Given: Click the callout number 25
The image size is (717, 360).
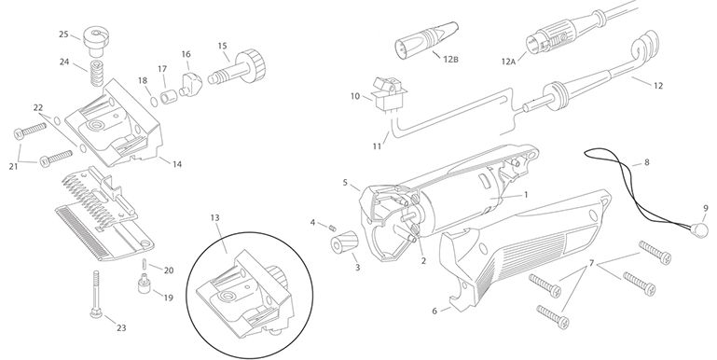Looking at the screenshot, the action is [63, 34].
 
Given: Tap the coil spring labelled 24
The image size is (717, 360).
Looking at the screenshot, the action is [96, 73].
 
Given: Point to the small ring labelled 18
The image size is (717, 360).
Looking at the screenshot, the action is [154, 101].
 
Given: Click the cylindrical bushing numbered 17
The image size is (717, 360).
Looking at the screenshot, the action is [169, 97].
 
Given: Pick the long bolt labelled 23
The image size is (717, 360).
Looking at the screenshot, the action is [96, 294].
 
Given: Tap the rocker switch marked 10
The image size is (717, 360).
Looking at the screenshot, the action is [385, 94].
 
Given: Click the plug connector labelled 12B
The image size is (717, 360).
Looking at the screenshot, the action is [426, 38].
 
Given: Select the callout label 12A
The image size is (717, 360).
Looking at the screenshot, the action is [508, 62].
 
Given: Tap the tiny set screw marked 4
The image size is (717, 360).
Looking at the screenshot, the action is [333, 227].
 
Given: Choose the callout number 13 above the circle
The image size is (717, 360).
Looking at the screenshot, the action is [215, 217].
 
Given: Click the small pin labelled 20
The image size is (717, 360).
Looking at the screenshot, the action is [145, 264].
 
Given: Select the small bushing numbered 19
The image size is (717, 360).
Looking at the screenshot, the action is [145, 284].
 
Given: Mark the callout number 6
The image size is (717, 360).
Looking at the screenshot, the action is [434, 312].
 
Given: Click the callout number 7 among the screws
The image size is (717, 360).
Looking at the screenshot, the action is [591, 263].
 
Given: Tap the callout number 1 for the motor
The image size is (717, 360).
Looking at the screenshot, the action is [526, 194].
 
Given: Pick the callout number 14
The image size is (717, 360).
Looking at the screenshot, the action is [176, 164].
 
